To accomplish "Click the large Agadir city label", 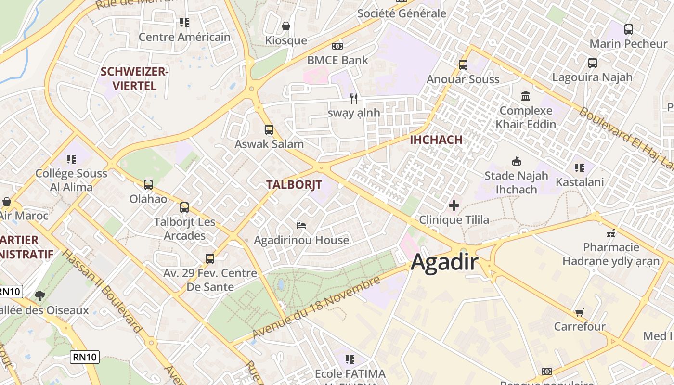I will [x=444, y=263].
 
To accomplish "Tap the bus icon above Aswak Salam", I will [x=269, y=130].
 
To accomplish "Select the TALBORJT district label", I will [x=294, y=185].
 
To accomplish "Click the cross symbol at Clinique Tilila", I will [x=454, y=206].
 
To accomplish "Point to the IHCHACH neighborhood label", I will [x=436, y=140].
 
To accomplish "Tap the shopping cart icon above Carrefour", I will [x=580, y=312].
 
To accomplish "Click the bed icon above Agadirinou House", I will [x=301, y=225].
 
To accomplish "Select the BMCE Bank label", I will [x=337, y=60].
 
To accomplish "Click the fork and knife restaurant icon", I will [x=354, y=99].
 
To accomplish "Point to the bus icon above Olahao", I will [x=148, y=184].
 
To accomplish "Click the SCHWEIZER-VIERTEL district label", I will [x=134, y=79].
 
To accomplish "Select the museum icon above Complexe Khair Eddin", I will [x=526, y=96].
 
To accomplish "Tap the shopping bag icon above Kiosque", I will [x=286, y=26].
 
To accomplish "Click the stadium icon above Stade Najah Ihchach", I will [x=517, y=161].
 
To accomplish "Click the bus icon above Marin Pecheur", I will [x=629, y=29].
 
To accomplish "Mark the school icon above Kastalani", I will [x=580, y=168].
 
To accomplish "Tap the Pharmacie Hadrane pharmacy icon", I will [x=611, y=233].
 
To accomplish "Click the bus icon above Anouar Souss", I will [x=463, y=64].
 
